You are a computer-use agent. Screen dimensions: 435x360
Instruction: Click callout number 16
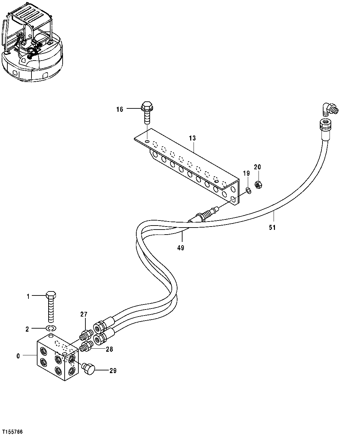[120, 109]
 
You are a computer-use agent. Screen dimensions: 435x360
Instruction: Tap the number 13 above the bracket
[192, 138]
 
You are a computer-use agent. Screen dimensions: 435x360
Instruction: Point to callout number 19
[246, 173]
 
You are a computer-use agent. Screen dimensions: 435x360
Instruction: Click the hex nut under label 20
[258, 184]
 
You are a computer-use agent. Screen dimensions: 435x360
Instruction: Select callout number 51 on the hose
[272, 228]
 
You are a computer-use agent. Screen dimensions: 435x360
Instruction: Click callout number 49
[181, 248]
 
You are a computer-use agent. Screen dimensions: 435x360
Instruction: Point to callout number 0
[18, 356]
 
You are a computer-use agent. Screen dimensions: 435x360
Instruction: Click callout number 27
[83, 314]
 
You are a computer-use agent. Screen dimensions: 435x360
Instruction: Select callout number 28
[110, 349]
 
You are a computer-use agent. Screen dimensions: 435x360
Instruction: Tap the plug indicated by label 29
[88, 369]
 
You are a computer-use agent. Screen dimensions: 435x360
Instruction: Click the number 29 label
[113, 371]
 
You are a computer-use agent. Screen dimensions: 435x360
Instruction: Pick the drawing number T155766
[12, 432]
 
